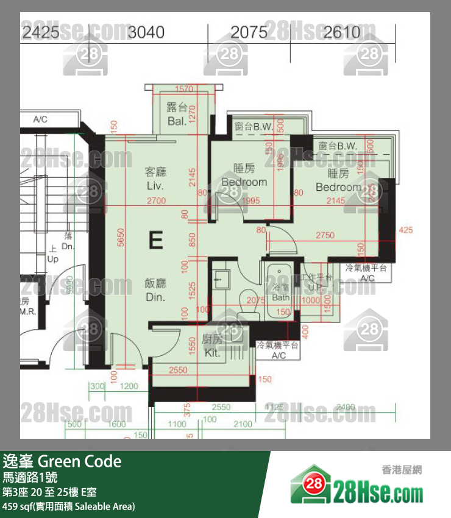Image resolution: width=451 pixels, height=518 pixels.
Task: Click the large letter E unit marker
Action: (x=155, y=241)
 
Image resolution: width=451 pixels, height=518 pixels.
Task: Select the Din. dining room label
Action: (x=156, y=297)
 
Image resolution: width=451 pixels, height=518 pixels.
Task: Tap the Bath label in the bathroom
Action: (x=281, y=297)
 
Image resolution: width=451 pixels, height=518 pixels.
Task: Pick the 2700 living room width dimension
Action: (x=156, y=200)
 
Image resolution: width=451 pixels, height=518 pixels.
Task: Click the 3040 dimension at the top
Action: (x=146, y=32)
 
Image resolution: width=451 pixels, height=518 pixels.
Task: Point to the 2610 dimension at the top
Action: (x=342, y=32)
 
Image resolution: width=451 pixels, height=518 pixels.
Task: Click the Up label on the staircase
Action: (x=53, y=259)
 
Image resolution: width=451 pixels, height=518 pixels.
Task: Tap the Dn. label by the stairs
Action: (x=67, y=247)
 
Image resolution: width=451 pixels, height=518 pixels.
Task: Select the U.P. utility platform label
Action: (x=316, y=287)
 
